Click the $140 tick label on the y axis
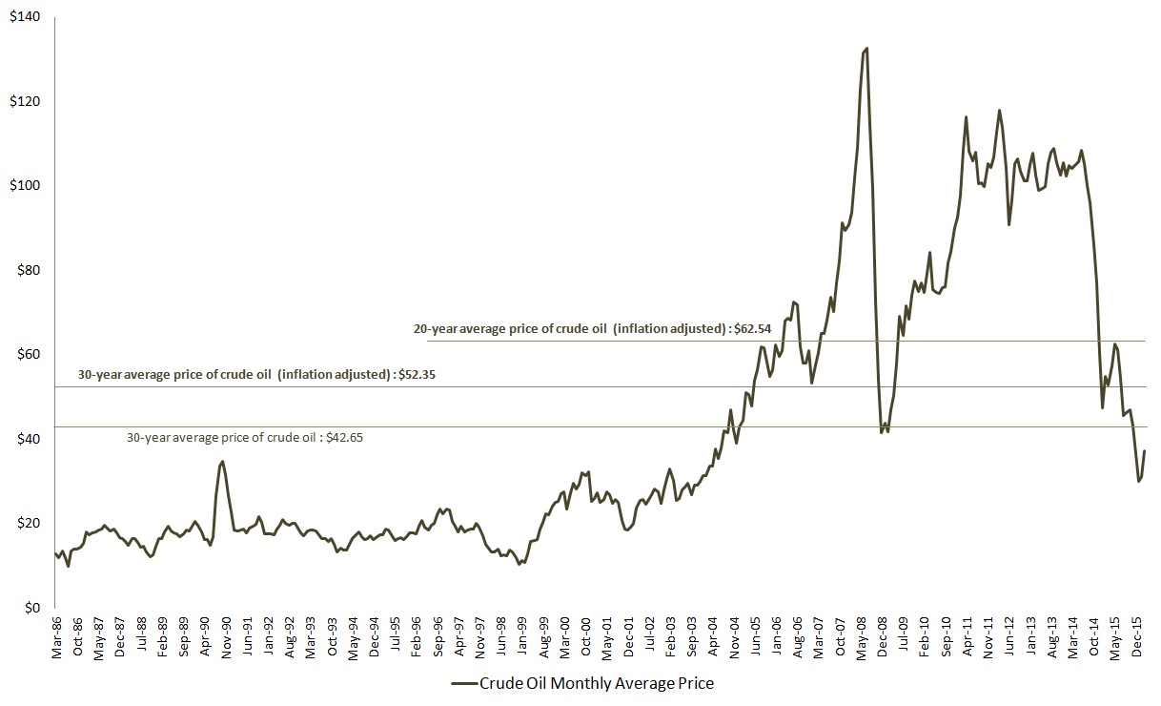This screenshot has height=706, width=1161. [x=25, y=17]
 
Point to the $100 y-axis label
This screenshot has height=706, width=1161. [x=25, y=186]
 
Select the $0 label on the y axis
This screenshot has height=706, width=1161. [x=32, y=608]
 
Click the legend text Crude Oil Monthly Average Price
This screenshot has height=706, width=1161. [x=596, y=683]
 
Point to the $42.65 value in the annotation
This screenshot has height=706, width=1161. [x=343, y=439]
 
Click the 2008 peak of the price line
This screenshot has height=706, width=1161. [x=866, y=48]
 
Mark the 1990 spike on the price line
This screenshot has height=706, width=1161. [x=222, y=462]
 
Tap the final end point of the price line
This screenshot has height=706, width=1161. [x=1144, y=450]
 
